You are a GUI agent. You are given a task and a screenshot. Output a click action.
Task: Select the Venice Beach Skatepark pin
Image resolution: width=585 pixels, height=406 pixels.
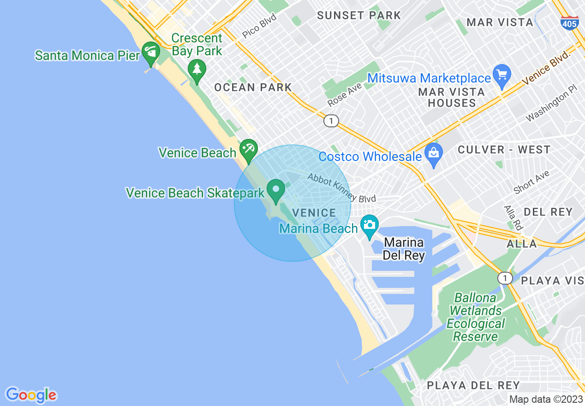(x=276, y=191)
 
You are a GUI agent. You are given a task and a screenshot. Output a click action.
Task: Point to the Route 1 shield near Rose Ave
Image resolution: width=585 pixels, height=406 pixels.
(x=331, y=121)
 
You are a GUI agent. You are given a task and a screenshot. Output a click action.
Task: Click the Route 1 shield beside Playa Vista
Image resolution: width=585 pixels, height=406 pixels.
(x=506, y=278)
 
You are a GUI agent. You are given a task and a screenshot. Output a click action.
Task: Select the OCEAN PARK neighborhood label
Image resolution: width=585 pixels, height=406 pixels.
(x=253, y=87)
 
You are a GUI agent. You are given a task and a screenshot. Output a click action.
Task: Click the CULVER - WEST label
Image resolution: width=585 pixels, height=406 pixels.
(x=504, y=150)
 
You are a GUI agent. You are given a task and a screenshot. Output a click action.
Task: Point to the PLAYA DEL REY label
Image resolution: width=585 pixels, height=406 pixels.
(x=473, y=385)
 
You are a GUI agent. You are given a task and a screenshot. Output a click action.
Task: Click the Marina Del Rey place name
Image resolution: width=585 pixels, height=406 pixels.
(x=404, y=249)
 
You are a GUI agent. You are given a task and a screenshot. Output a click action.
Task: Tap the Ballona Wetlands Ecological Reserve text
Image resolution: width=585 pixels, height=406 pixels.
(x=476, y=317)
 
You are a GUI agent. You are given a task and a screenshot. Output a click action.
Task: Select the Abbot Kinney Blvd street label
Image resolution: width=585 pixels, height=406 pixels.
(x=341, y=188)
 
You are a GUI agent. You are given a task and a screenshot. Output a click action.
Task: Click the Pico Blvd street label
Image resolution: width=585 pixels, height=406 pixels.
(x=259, y=26)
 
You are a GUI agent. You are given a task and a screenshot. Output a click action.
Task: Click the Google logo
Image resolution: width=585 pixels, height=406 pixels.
(x=31, y=395)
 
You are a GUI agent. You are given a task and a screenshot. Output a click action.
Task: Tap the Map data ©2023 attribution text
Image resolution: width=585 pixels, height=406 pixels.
(x=546, y=399)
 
